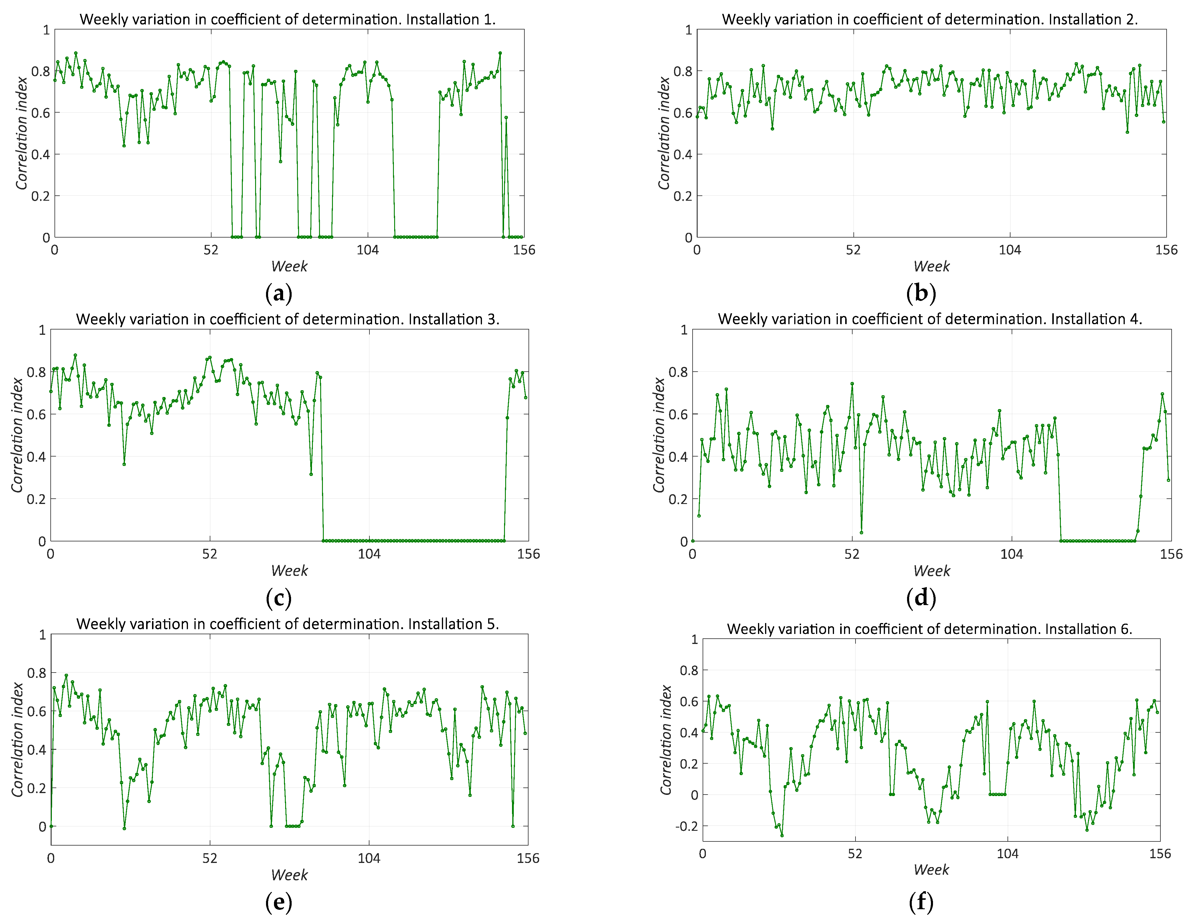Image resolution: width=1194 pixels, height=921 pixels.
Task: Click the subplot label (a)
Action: point(278,294)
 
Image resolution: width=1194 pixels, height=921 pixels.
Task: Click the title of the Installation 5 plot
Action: point(288,624)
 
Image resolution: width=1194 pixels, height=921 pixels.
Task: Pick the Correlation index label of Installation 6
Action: point(665,740)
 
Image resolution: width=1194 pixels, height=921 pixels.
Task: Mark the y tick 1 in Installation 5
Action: point(42,635)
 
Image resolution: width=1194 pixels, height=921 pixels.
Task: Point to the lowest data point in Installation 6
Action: point(782,835)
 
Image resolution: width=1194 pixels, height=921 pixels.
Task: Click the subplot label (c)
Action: point(278,598)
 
